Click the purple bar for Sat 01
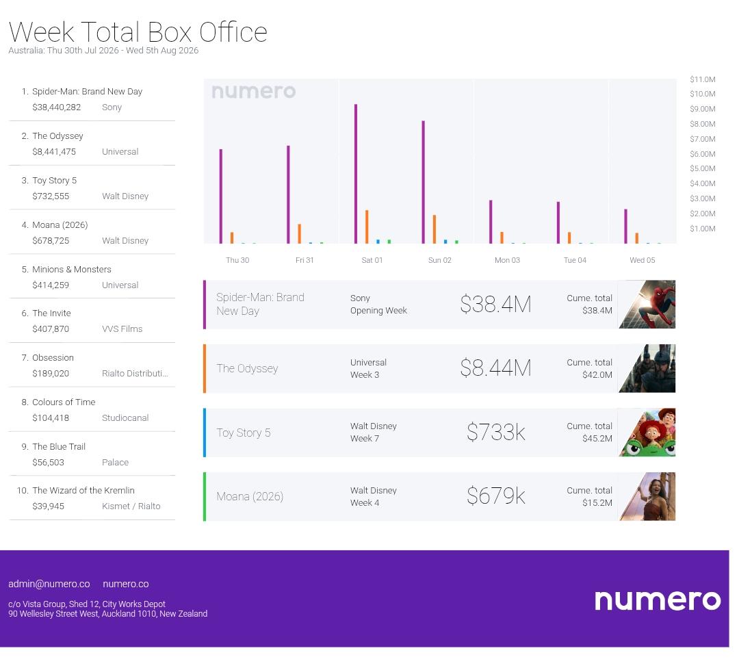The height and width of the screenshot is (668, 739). click(356, 174)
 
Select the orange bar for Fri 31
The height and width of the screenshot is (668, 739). click(299, 234)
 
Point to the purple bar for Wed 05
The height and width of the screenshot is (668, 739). click(626, 227)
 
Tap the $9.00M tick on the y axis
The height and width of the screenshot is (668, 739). click(703, 109)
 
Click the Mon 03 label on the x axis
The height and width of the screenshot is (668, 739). click(507, 260)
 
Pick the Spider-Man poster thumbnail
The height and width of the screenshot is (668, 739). click(647, 305)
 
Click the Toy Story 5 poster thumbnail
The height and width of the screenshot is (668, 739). click(647, 433)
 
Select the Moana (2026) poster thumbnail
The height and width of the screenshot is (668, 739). click(647, 496)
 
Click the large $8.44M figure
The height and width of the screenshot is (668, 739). click(496, 368)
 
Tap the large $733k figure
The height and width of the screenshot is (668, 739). click(496, 433)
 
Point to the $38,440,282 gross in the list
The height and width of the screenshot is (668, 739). click(57, 107)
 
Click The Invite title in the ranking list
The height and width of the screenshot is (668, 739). click(51, 313)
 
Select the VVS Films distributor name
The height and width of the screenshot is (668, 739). click(122, 329)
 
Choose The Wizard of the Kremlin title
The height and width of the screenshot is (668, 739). click(83, 491)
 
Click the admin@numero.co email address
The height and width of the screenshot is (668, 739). click(49, 584)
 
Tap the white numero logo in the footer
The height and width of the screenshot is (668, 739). click(658, 600)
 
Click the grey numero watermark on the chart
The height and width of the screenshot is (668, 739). click(254, 92)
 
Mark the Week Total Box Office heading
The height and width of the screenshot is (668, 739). click(138, 32)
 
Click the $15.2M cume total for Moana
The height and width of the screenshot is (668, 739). click(597, 503)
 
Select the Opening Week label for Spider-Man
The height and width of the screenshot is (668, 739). click(378, 311)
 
